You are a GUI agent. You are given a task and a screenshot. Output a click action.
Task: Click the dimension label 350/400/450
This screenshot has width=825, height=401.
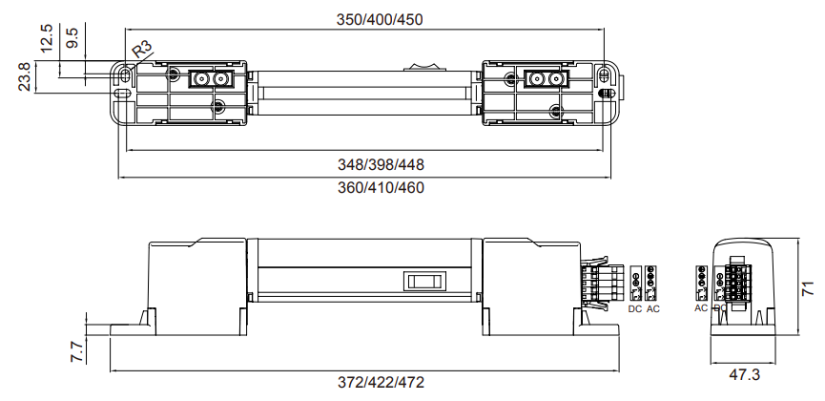[380, 19]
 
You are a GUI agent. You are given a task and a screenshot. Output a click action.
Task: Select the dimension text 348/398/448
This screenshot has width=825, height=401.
[381, 164]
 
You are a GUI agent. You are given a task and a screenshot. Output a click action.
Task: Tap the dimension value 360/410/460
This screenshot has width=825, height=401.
[381, 187]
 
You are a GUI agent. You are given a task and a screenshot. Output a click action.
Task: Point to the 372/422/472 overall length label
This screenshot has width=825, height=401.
[381, 382]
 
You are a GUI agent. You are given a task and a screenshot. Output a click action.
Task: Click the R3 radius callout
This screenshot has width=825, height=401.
[142, 49]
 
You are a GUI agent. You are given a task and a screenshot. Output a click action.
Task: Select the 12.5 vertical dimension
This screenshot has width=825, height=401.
[47, 37]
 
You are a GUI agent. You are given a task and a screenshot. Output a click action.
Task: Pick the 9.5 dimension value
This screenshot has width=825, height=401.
[72, 38]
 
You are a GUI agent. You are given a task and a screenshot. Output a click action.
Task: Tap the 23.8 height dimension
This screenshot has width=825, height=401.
[24, 77]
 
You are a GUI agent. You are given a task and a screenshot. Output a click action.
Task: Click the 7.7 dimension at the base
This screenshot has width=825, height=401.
[77, 351]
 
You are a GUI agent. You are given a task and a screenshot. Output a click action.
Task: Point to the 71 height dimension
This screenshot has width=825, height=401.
[808, 287]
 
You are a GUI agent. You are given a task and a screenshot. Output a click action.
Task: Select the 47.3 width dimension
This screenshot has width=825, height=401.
[744, 374]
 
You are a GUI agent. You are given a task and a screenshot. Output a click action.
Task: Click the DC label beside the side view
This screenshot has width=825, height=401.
[635, 309]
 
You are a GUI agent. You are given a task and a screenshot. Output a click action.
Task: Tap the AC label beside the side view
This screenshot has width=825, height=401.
[652, 309]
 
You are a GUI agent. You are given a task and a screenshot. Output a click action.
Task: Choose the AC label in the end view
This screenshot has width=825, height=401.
[701, 308]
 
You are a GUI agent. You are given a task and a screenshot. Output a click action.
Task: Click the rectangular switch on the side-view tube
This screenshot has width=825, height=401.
[424, 281]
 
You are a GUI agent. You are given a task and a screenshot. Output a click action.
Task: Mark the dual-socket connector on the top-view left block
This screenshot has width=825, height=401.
[211, 79]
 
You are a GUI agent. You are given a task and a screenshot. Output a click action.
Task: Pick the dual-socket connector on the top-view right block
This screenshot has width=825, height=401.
[547, 79]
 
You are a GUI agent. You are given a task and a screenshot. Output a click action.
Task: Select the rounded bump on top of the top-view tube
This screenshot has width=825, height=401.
[424, 68]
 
